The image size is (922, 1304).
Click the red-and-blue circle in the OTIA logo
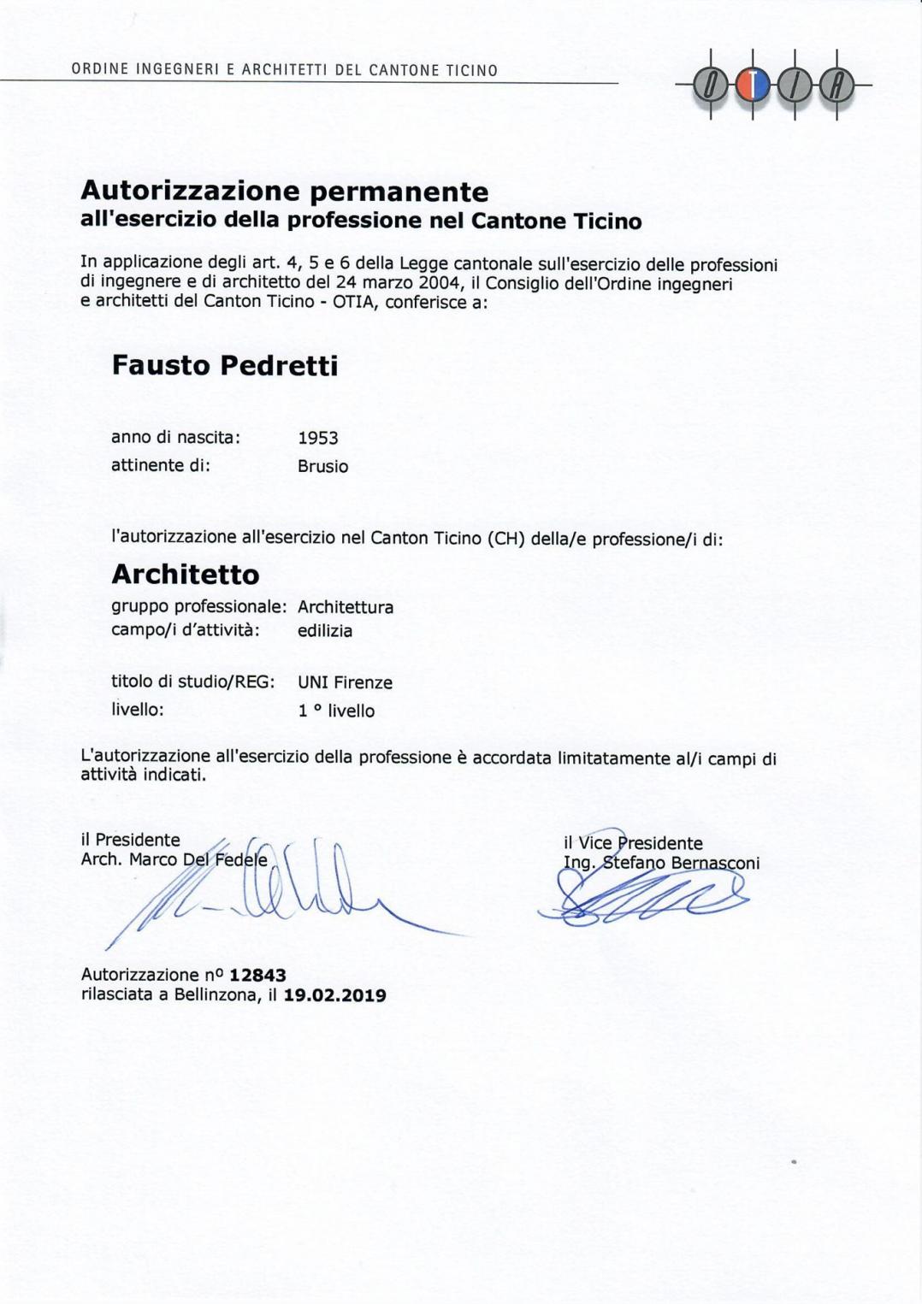753,85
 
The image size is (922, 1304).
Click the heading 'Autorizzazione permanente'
284,191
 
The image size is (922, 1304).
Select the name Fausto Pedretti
225,366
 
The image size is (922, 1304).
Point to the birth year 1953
318,439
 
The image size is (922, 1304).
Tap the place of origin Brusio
322,467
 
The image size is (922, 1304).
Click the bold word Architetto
186,575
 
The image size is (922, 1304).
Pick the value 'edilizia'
325,631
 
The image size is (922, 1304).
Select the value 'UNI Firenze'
345,683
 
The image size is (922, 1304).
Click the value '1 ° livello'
336,711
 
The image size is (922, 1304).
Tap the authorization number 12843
257,976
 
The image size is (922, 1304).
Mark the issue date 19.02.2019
334,996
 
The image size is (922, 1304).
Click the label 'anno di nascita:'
175,438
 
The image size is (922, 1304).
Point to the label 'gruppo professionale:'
198,607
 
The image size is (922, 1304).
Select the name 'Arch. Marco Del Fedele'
174,860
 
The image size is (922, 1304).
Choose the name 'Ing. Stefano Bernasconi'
661,864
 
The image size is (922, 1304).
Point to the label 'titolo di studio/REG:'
192,682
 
